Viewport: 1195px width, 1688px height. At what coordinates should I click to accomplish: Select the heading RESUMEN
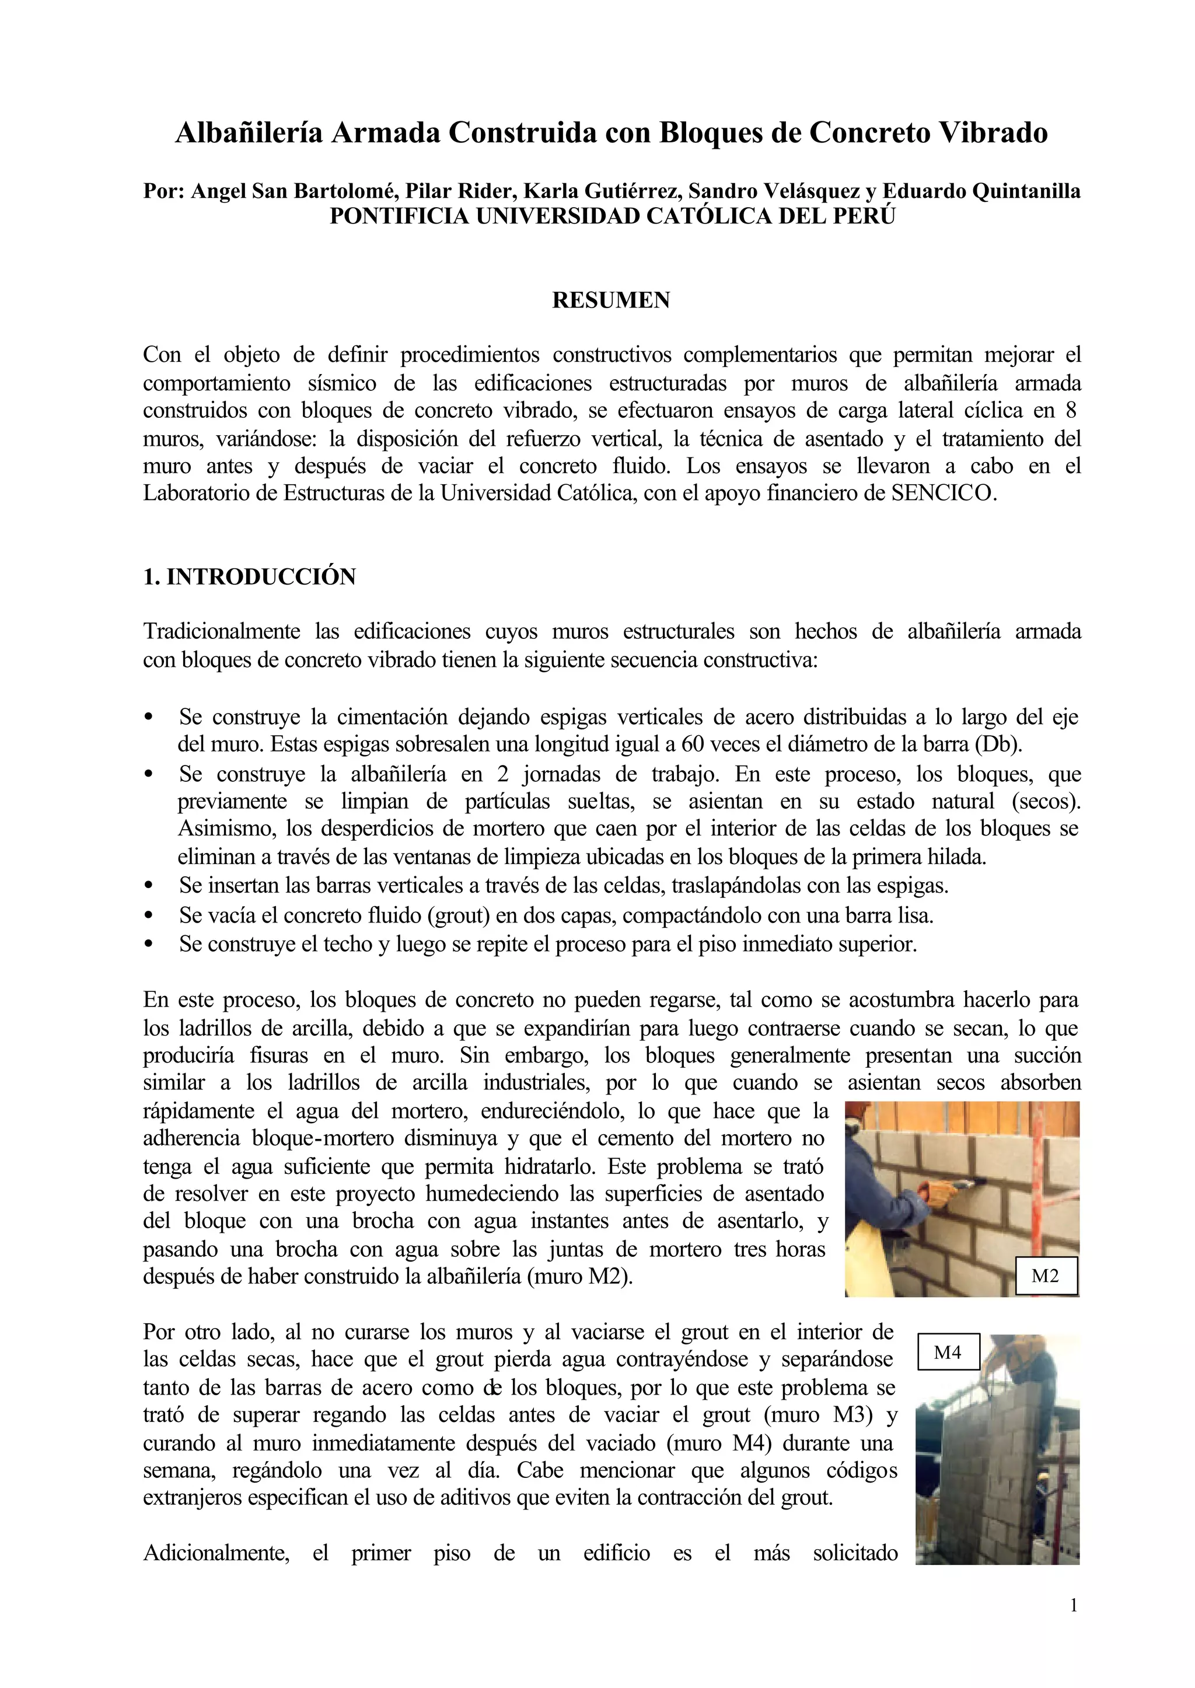(x=611, y=300)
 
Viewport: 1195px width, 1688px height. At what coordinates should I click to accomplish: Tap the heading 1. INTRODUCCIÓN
(x=250, y=576)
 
